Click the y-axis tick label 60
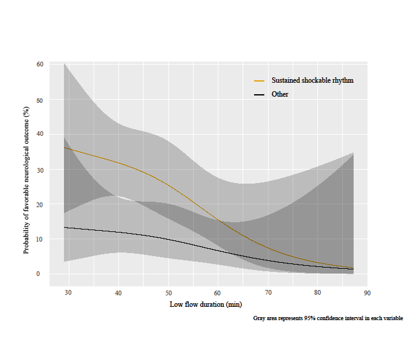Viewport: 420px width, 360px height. tap(40, 64)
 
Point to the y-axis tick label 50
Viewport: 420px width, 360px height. tap(40, 99)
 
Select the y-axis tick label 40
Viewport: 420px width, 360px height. tap(40, 134)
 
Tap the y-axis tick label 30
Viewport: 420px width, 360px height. tap(40, 169)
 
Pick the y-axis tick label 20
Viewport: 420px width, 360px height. tap(40, 204)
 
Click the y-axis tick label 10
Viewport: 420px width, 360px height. tap(40, 239)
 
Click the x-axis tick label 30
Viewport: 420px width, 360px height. tap(68, 293)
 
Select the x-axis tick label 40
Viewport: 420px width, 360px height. tap(118, 293)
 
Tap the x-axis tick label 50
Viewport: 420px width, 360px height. tap(168, 293)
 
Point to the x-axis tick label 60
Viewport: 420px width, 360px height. tap(218, 293)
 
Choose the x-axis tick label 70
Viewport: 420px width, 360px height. tap(268, 293)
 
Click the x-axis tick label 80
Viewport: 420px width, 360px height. tap(317, 293)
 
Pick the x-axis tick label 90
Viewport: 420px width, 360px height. tap(367, 293)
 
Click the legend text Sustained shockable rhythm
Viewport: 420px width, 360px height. tap(312, 80)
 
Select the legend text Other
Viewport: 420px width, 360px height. tap(280, 95)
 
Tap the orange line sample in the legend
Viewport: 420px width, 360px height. tap(259, 81)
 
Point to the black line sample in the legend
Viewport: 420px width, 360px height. tap(259, 95)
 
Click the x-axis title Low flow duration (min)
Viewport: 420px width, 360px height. tap(206, 305)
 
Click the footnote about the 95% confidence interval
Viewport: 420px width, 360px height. tap(328, 318)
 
